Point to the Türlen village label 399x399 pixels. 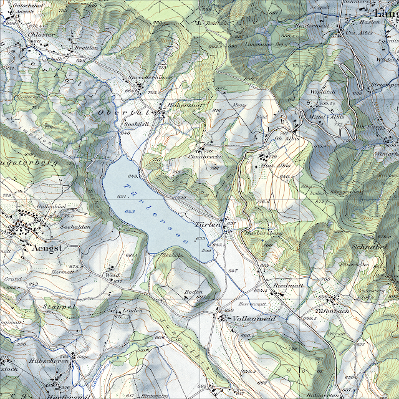pyautogui.click(x=207, y=223)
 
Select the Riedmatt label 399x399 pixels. pyautogui.click(x=287, y=286)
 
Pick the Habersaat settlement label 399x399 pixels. pyautogui.click(x=183, y=105)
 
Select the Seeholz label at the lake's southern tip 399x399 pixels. pyautogui.click(x=171, y=255)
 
